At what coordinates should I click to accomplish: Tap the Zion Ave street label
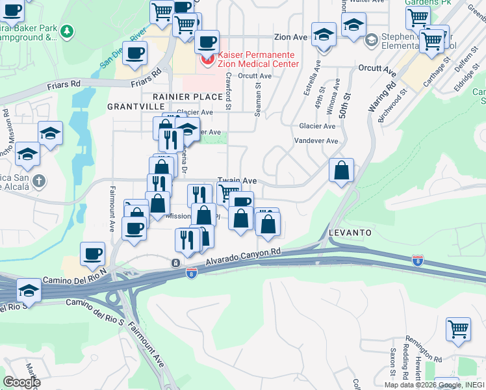coord(290,38)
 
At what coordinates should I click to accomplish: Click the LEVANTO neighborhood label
coord(350,232)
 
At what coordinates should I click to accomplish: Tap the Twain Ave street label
coord(237,181)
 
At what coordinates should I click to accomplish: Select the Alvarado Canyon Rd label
coord(243,256)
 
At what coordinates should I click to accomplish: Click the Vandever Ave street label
coord(316,140)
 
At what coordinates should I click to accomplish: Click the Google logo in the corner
coord(22,382)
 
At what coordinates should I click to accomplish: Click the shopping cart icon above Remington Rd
coord(458,328)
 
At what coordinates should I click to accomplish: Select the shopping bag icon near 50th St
coord(341,171)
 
